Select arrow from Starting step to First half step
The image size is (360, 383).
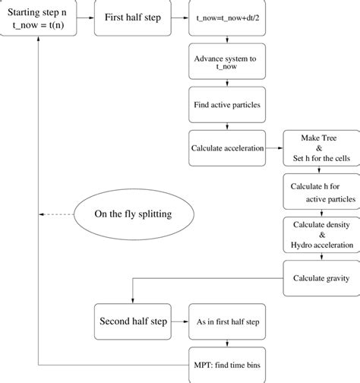84,17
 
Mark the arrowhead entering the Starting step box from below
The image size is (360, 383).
38,42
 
